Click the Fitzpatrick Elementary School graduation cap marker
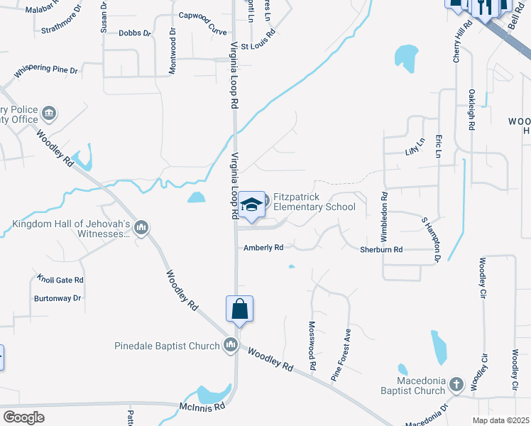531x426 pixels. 250,205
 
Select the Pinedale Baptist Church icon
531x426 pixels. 230,346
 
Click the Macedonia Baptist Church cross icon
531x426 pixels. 456,385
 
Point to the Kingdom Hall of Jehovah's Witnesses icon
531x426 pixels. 141,227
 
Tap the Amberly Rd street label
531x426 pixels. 263,248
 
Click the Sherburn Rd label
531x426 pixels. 381,250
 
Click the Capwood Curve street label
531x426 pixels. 202,33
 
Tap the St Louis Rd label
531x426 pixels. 257,46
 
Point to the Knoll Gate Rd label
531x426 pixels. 60,280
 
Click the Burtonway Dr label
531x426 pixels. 58,298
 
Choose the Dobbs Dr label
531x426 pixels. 135,33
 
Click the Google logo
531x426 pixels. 23,417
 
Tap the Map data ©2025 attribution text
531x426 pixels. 501,420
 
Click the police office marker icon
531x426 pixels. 50,113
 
